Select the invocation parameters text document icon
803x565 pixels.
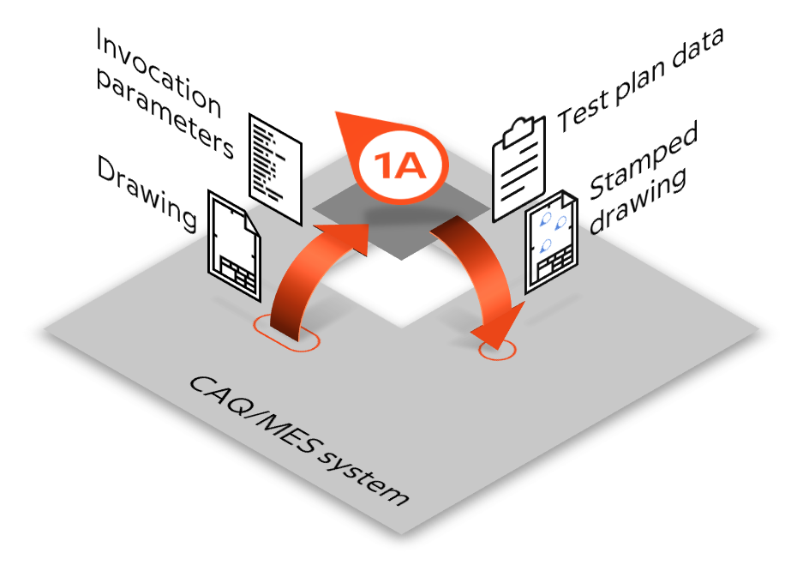tap(275, 159)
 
